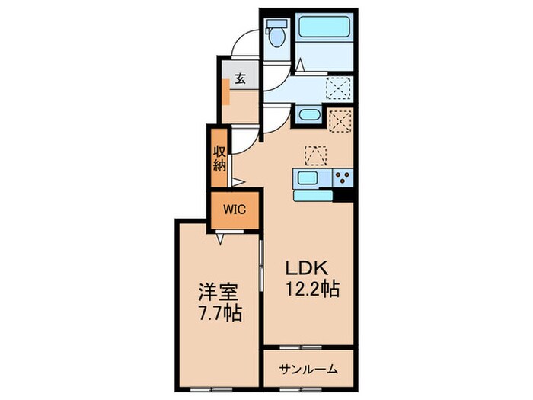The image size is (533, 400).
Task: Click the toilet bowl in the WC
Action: pos(277,38)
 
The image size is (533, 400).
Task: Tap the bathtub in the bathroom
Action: pos(324,27)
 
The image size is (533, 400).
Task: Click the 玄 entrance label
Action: pos(241,79)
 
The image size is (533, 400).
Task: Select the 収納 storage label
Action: pos(219,158)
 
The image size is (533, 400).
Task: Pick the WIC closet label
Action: pos(235,210)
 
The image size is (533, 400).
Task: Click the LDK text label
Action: pos(307,268)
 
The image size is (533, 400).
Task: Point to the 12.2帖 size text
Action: pos(313,290)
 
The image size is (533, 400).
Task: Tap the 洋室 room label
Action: pos(219,293)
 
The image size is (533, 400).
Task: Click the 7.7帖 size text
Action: pos(220,314)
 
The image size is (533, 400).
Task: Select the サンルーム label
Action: pos(308,369)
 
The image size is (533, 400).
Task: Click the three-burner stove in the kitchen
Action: pos(343,178)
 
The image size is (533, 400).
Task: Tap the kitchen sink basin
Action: pos(308,178)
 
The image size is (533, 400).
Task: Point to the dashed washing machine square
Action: pos(338,88)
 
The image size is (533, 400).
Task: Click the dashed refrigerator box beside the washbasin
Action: pos(340,120)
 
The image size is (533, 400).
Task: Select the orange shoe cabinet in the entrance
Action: pos(225,92)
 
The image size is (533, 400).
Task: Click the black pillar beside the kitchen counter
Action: pos(343,195)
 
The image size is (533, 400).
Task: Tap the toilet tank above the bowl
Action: pos(276,24)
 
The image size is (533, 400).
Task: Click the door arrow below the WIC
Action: pos(221,239)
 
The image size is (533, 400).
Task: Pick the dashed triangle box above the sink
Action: pos(316,155)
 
